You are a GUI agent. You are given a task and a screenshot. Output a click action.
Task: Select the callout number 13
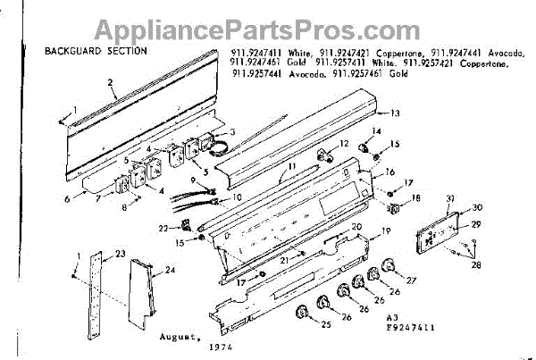[x=395, y=114]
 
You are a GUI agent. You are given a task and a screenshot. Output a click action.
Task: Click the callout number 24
[x=171, y=269]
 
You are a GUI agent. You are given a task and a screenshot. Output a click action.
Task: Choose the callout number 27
[x=411, y=280]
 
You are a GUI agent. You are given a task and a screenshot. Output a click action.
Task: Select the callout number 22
[x=163, y=229]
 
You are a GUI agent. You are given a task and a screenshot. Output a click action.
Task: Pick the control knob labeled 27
[x=387, y=266]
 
